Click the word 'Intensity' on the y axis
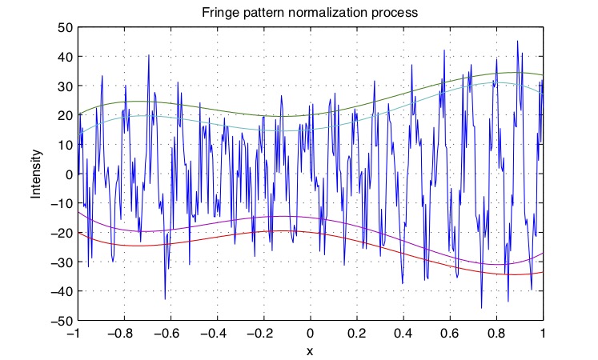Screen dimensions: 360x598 coord(36,174)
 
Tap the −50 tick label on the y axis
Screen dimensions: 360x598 coord(59,322)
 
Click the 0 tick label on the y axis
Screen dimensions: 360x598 coord(68,174)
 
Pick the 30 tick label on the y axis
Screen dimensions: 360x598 coord(64,86)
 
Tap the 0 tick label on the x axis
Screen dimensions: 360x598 coord(311,332)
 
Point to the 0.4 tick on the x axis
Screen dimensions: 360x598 coord(403,332)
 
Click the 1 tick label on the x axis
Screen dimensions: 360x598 coord(544,332)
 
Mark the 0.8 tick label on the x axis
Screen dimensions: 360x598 coord(497,332)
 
